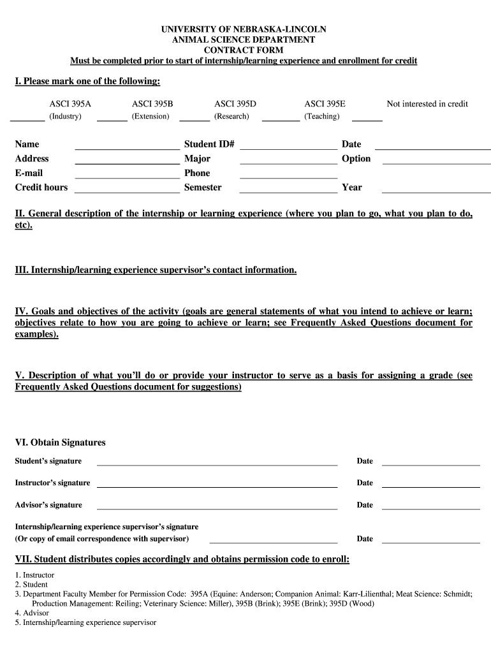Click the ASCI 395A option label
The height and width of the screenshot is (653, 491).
(70, 104)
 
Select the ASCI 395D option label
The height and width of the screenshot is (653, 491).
(235, 104)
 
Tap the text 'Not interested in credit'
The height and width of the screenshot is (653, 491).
(427, 104)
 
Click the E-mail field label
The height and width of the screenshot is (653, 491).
(29, 173)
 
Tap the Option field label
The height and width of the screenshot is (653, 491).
(356, 159)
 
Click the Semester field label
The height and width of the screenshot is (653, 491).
(203, 187)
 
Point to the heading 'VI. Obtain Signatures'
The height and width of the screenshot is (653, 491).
(61, 443)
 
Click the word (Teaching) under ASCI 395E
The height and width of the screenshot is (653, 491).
(322, 117)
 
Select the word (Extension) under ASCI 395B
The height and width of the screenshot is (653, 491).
(150, 117)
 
